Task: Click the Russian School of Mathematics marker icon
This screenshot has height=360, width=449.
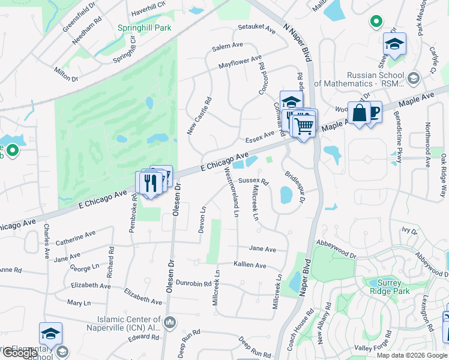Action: (413, 79)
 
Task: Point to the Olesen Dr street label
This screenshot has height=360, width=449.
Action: (177, 200)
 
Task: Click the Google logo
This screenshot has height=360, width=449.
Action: (20, 352)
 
